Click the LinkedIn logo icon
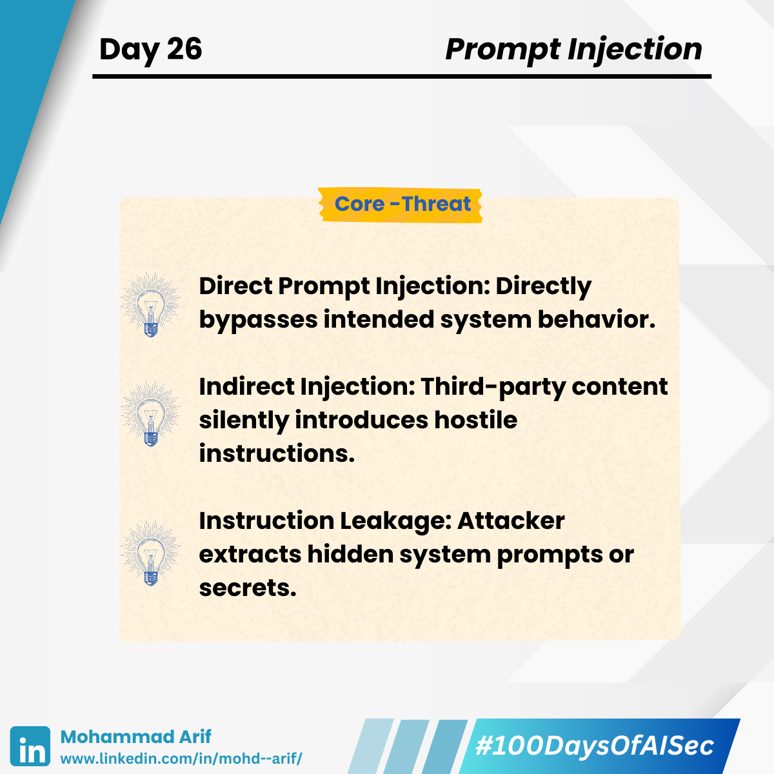(30, 746)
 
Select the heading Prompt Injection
(574, 50)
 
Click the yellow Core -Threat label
(401, 205)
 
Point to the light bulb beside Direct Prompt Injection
(151, 305)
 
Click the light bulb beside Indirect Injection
(151, 415)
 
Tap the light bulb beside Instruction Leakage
(151, 554)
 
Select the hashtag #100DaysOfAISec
(595, 746)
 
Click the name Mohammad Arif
(135, 737)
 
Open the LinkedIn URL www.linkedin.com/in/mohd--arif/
(181, 759)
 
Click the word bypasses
(258, 320)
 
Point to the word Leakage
(397, 521)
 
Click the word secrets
(248, 588)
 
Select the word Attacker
(511, 521)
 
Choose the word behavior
(597, 320)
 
